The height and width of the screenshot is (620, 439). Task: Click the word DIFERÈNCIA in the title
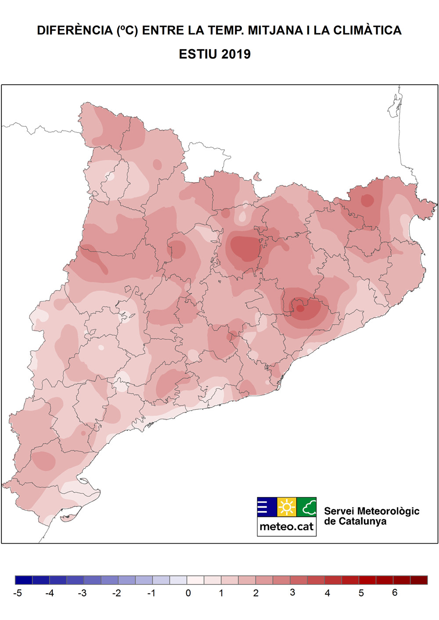click(x=75, y=30)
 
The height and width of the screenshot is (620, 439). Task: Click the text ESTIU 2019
click(x=215, y=54)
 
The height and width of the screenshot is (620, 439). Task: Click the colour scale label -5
click(x=18, y=593)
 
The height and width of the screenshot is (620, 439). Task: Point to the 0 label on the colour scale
click(x=188, y=593)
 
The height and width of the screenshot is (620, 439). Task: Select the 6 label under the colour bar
click(x=395, y=593)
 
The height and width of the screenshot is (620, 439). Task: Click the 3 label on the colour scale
click(x=292, y=593)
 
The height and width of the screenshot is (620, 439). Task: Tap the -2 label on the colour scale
click(x=116, y=593)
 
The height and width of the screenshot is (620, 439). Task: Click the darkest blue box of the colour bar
click(x=24, y=580)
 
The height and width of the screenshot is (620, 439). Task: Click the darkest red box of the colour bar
click(x=419, y=580)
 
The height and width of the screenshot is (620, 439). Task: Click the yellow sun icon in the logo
click(x=287, y=507)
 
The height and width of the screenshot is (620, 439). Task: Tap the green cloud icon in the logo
click(x=307, y=507)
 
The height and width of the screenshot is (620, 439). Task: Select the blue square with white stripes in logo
click(x=267, y=507)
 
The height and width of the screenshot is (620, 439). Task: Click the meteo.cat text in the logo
click(x=287, y=527)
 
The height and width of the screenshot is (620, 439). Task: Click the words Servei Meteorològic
click(x=371, y=511)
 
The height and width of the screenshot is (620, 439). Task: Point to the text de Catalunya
click(x=355, y=522)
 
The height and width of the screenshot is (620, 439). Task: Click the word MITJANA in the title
click(x=275, y=30)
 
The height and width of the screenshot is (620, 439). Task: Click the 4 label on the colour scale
click(x=327, y=593)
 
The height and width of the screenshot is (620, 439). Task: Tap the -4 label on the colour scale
click(x=50, y=593)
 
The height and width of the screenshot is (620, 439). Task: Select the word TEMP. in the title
click(x=226, y=30)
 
